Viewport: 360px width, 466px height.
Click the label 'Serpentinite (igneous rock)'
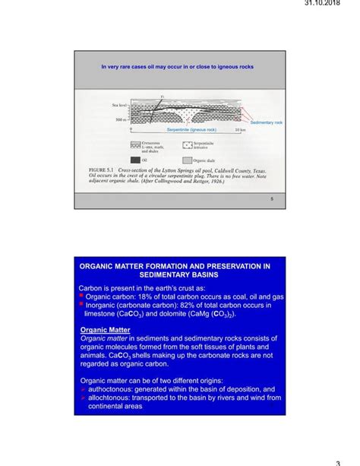[x=192, y=131]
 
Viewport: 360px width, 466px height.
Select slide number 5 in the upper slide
[x=271, y=199]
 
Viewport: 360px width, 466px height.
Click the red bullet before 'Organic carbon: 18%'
[x=81, y=297]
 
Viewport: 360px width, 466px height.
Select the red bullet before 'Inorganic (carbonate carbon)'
[x=81, y=306]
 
